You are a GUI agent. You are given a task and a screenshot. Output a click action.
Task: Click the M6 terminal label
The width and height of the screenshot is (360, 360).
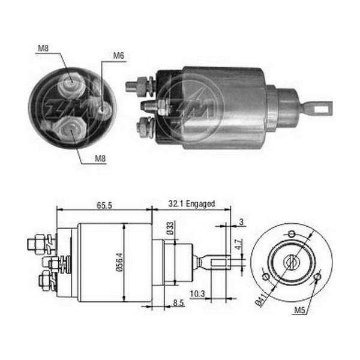pos(118,56)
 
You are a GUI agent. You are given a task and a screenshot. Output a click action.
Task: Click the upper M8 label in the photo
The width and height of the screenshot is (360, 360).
pos(43,48)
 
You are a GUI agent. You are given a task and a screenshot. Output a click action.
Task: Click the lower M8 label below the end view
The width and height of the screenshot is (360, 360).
pos(100,158)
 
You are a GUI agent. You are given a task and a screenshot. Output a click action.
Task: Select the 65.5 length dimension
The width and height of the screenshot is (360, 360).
pos(104,205)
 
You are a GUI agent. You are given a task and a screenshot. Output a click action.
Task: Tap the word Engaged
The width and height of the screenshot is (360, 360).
pos(200,203)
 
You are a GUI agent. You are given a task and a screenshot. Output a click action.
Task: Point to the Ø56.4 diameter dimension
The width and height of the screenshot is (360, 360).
pos(120,262)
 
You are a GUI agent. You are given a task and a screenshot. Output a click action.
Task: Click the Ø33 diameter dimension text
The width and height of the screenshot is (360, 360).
pos(170,228)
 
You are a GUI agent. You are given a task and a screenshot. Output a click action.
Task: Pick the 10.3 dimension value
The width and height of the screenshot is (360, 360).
pos(197,293)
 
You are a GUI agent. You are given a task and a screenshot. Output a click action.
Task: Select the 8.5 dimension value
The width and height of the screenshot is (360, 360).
pos(178,303)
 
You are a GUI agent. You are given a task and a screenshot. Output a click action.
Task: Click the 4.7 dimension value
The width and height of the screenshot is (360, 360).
pos(239,244)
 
